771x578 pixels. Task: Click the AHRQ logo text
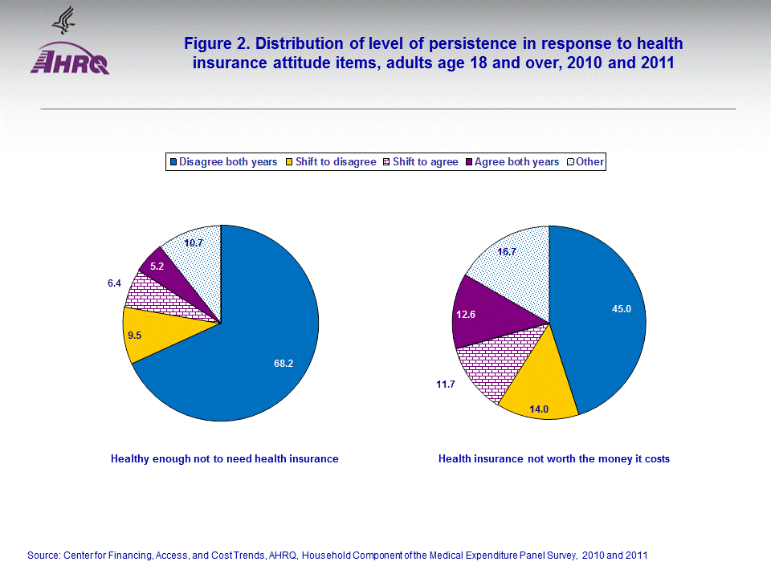pos(70,62)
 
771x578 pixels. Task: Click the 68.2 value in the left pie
pos(284,364)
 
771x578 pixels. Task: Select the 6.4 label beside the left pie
pos(114,283)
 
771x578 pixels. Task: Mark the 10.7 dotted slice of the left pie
pos(194,243)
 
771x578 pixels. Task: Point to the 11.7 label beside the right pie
pos(446,385)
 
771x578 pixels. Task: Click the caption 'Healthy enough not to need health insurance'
pos(224,459)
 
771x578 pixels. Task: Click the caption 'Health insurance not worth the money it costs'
pos(553,459)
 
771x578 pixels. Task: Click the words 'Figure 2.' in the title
pos(217,43)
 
